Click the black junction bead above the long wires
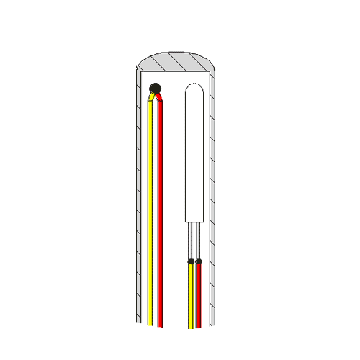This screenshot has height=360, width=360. click(155, 89)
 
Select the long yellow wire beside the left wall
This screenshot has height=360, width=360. click(150, 216)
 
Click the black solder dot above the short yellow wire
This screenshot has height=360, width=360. click(191, 261)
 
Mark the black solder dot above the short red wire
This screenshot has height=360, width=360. click(199, 261)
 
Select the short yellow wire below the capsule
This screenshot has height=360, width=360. click(191, 295)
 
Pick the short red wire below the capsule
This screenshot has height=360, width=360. click(199, 295)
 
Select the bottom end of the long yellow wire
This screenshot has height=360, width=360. click(150, 322)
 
